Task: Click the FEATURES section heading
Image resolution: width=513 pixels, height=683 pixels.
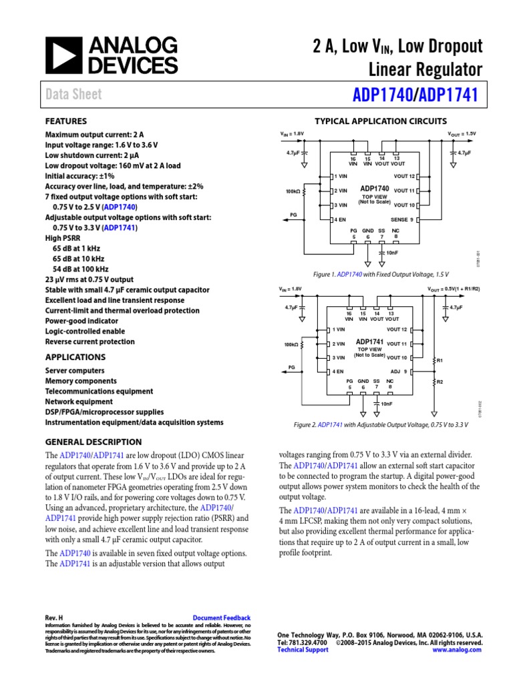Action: (x=65, y=121)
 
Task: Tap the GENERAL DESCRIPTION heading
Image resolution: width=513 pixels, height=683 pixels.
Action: (x=93, y=442)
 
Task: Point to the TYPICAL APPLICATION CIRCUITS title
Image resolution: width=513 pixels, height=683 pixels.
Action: (x=381, y=121)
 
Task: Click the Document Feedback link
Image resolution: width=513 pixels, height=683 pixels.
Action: (x=221, y=618)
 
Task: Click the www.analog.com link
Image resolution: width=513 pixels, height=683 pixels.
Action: (x=458, y=650)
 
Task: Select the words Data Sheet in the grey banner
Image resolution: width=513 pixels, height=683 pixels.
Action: (x=73, y=94)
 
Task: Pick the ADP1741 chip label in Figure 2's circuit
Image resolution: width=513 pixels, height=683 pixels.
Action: (x=369, y=342)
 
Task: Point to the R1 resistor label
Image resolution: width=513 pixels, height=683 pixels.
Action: (x=439, y=360)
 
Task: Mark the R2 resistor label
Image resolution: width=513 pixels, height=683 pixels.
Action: (x=439, y=382)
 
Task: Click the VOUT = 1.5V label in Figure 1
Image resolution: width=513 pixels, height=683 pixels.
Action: (x=462, y=134)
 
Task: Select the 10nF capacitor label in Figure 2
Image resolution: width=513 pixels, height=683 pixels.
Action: (x=386, y=404)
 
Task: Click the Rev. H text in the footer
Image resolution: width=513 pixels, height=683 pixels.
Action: (x=53, y=618)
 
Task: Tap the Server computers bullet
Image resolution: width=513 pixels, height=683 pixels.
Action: (x=75, y=370)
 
